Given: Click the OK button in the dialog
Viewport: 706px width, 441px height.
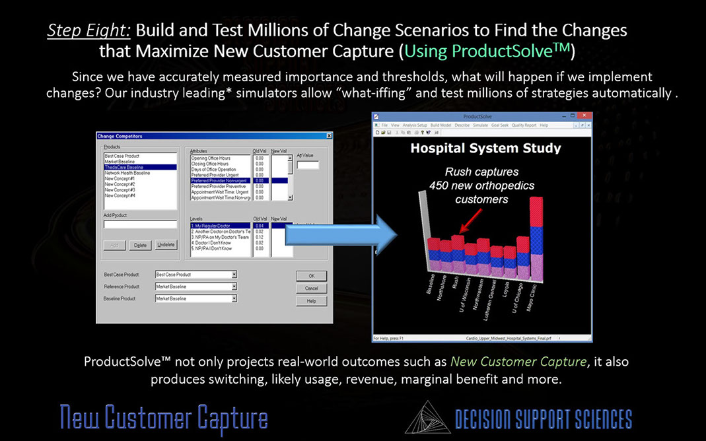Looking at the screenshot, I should pyautogui.click(x=311, y=275).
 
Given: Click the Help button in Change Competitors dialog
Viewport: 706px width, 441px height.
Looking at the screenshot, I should pyautogui.click(x=311, y=300).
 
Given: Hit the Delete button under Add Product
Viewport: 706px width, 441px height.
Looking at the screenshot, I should pyautogui.click(x=139, y=245).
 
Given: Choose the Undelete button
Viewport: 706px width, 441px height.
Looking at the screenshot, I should pyautogui.click(x=166, y=245).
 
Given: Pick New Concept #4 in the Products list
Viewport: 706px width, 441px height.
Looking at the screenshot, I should pyautogui.click(x=120, y=195).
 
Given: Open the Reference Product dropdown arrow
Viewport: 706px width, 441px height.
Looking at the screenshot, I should pyautogui.click(x=234, y=287).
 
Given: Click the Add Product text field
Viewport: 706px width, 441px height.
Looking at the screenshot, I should pyautogui.click(x=140, y=224).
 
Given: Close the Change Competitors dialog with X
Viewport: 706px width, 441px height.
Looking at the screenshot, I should pyautogui.click(x=329, y=136).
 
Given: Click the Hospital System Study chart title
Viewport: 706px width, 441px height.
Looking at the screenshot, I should pyautogui.click(x=485, y=149).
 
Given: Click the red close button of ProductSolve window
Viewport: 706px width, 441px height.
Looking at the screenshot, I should pyautogui.click(x=588, y=117).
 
